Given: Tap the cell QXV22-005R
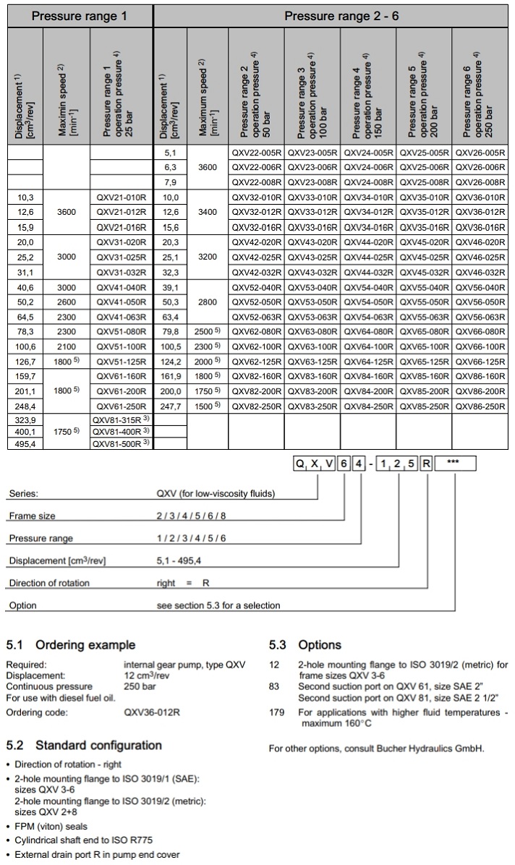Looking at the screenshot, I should coord(257,153).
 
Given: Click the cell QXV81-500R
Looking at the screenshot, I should coord(122,444).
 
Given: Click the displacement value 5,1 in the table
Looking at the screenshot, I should coord(171,153).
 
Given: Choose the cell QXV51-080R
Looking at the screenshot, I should coord(122,332).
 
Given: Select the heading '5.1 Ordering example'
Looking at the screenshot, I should coord(70,644).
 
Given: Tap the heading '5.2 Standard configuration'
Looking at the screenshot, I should coord(84,746).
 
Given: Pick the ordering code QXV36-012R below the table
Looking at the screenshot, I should coord(152,712).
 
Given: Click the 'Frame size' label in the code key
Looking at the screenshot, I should coord(32,516).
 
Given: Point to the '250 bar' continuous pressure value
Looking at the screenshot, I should coord(140,686).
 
